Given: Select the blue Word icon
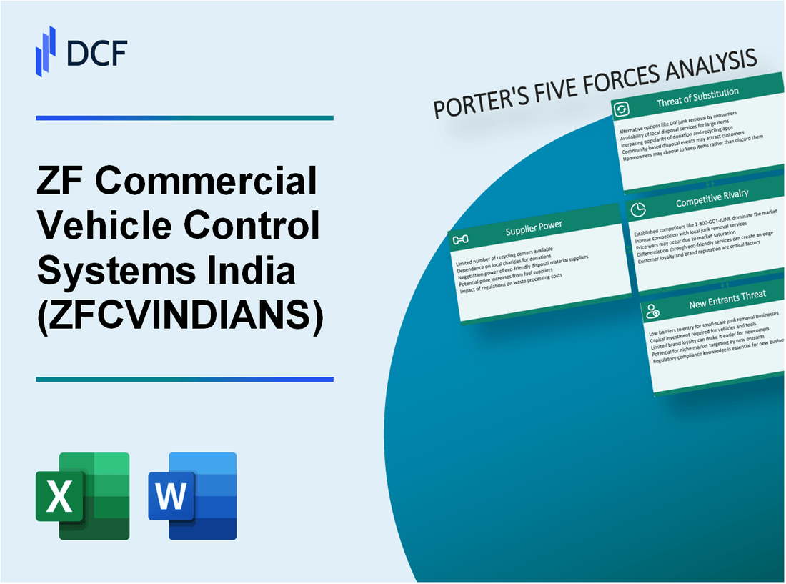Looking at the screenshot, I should pos(192,495).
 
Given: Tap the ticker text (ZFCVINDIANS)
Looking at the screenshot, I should pos(180,317).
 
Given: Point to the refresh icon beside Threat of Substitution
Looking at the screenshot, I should pos(622,109).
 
